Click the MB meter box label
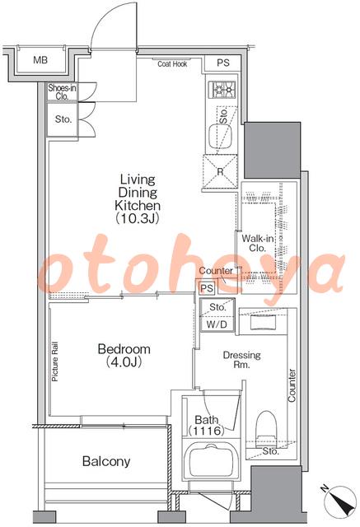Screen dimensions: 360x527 40,60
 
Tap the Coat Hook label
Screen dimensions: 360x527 172,64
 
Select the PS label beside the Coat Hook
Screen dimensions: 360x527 223,63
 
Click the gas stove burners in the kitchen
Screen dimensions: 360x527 222,90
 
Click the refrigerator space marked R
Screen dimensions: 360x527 220,172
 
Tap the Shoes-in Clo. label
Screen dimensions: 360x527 62,92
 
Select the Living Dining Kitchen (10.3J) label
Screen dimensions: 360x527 138,199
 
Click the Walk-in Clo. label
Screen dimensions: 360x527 258,244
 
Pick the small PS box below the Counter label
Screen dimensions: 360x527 207,288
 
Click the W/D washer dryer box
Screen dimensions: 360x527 217,324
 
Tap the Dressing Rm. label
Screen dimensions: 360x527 241,359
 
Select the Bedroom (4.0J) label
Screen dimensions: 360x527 124,355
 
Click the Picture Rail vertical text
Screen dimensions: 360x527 55,361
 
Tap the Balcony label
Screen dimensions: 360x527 106,461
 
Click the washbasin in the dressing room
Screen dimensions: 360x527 263,323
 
